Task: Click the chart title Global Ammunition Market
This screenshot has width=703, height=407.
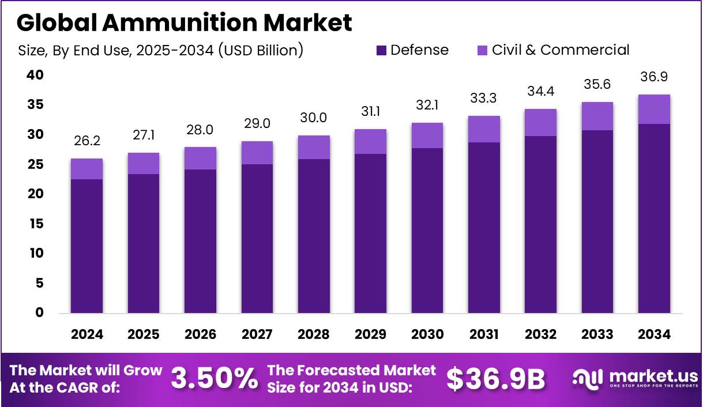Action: click(184, 23)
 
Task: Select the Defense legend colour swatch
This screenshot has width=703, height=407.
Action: click(381, 50)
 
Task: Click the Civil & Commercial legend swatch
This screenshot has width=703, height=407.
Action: click(482, 50)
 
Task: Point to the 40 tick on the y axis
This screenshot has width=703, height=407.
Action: click(35, 75)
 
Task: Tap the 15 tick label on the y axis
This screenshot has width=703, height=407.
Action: click(35, 224)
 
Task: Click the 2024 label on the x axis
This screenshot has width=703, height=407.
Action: click(87, 335)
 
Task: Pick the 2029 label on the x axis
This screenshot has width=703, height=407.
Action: click(370, 335)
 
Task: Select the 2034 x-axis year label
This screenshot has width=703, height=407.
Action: click(654, 335)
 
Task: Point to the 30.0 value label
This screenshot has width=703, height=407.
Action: click(314, 118)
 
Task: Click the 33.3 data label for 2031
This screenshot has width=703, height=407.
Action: click(484, 99)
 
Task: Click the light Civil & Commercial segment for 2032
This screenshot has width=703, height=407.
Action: click(540, 122)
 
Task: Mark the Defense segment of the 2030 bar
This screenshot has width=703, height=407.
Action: click(427, 231)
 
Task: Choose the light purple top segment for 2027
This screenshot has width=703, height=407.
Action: click(257, 153)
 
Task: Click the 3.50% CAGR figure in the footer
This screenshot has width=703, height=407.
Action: click(214, 378)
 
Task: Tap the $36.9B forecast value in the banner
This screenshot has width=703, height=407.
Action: click(496, 378)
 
